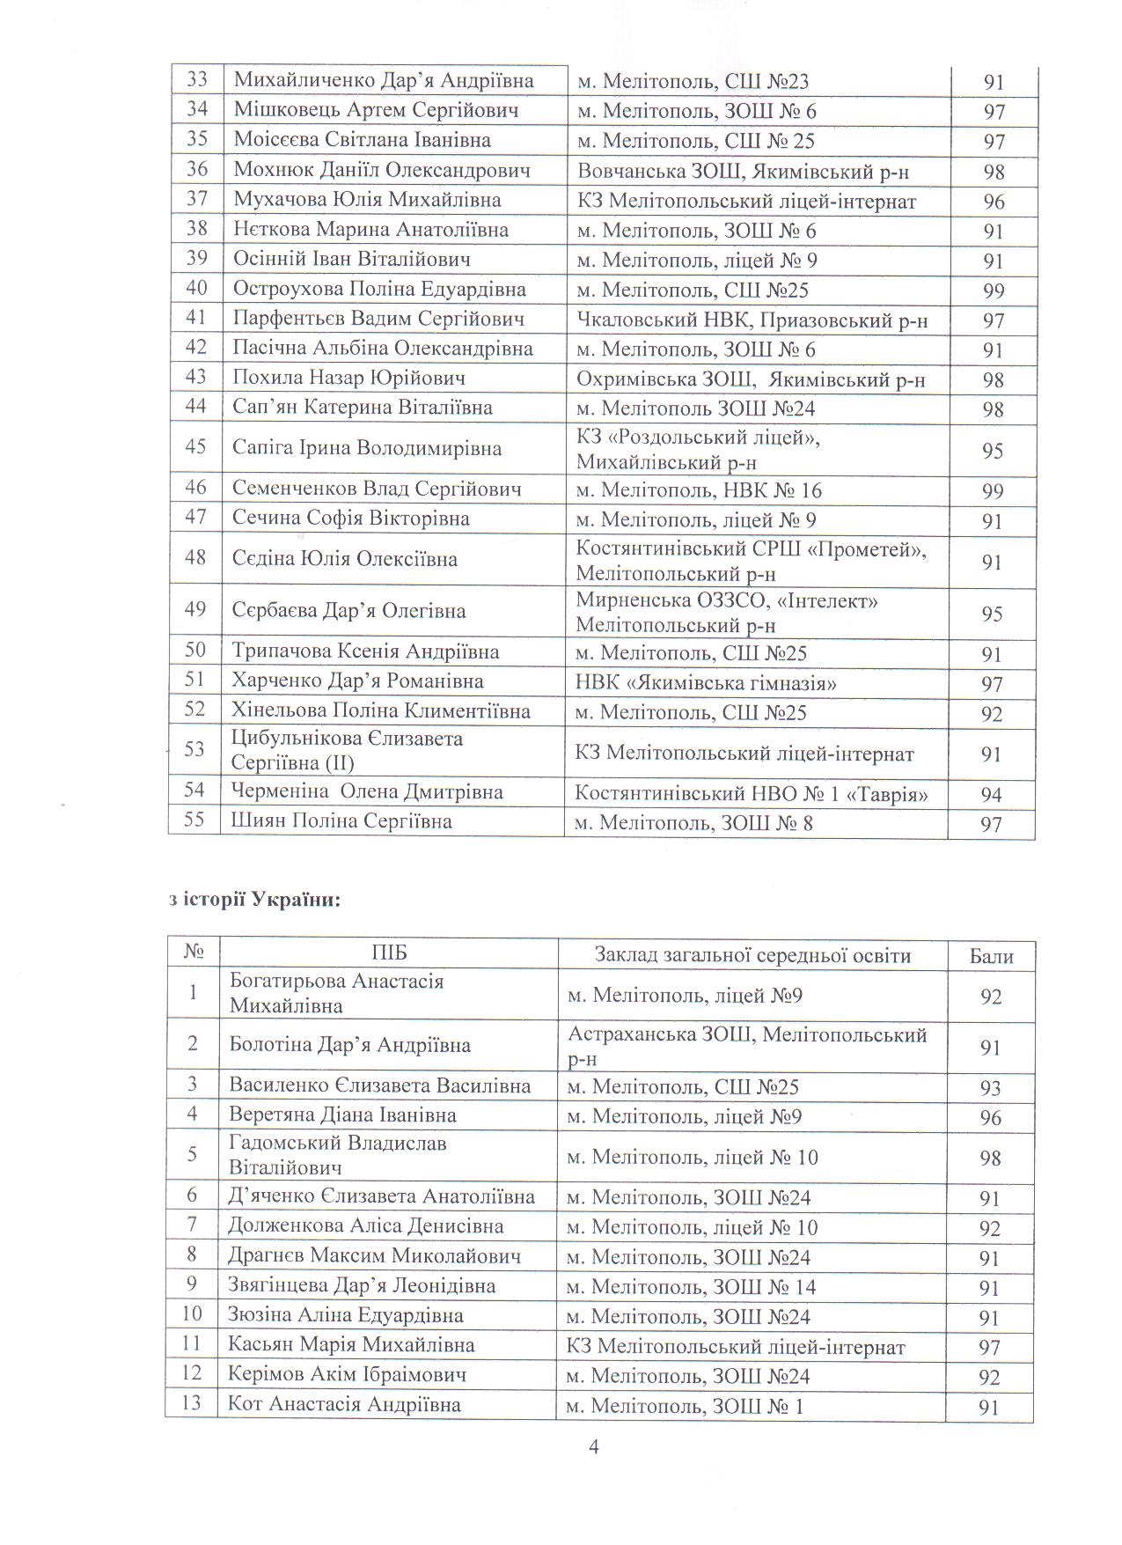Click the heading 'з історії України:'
(x=253, y=901)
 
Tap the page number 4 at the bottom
(x=593, y=1446)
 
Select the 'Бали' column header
(x=991, y=956)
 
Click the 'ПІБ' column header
(x=388, y=954)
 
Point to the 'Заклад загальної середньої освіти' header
(x=752, y=955)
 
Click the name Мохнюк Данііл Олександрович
(x=382, y=170)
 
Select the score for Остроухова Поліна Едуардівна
(x=994, y=291)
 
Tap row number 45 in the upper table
(x=195, y=447)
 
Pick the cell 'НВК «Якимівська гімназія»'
(x=705, y=682)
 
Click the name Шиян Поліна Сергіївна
(x=341, y=821)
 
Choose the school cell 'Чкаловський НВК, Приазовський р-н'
(x=752, y=320)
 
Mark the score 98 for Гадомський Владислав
(x=991, y=1158)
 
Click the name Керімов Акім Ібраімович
(x=347, y=1374)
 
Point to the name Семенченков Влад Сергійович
(x=377, y=489)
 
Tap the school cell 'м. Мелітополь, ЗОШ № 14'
(x=691, y=1287)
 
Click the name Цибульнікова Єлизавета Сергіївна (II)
(x=347, y=750)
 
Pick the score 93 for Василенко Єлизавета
(x=991, y=1088)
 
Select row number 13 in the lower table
(x=191, y=1403)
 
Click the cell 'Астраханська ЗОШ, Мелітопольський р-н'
(x=747, y=1046)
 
